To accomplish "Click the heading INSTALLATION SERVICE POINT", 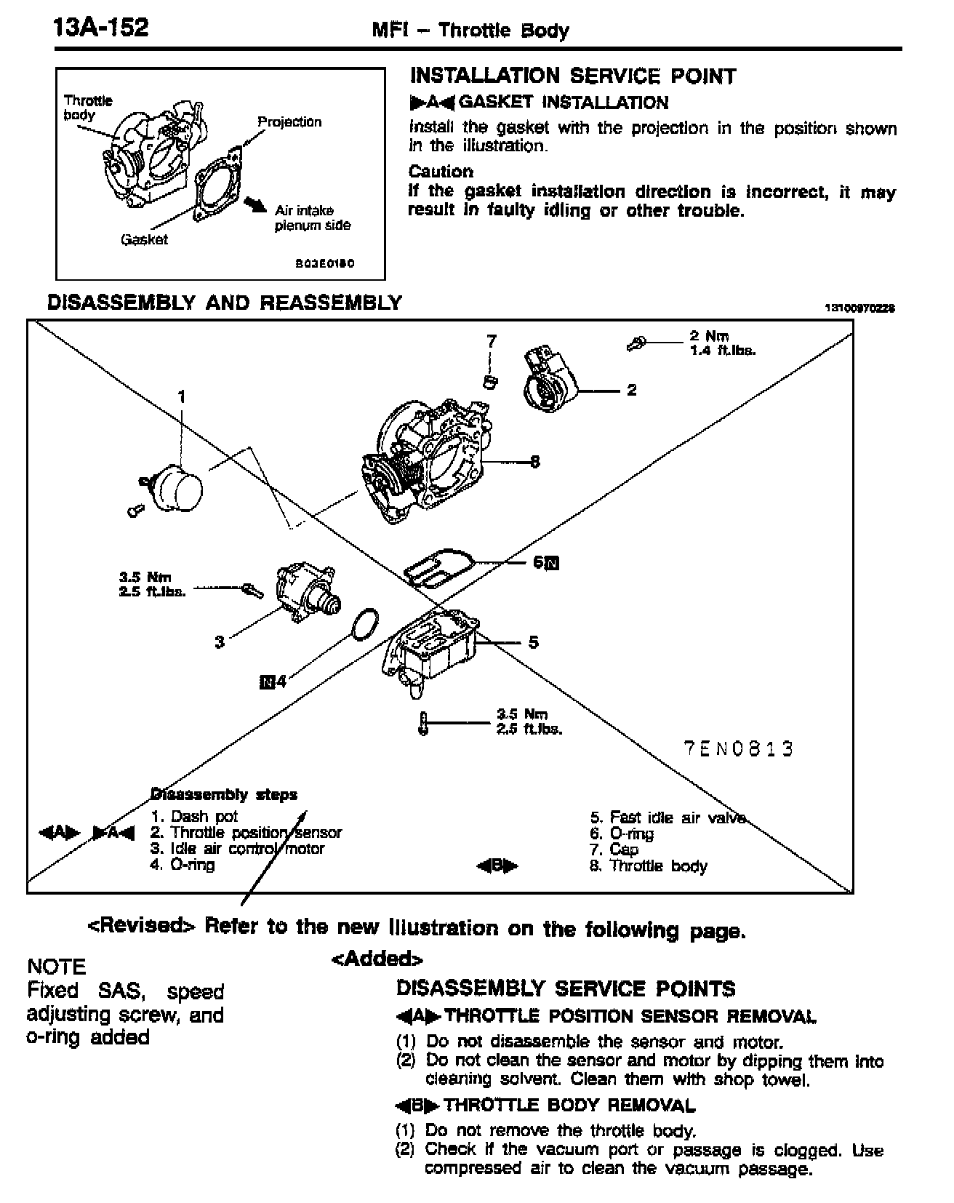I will [573, 76].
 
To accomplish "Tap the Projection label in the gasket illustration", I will [289, 121].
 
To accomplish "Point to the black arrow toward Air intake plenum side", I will [255, 204].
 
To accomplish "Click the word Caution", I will [441, 172].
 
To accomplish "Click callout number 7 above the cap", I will [492, 340].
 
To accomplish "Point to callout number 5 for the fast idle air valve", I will [534, 642].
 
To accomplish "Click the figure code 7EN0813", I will [738, 748].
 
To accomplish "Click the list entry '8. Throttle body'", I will [648, 866].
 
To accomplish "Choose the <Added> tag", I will [377, 959].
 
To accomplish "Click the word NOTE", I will [57, 967].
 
